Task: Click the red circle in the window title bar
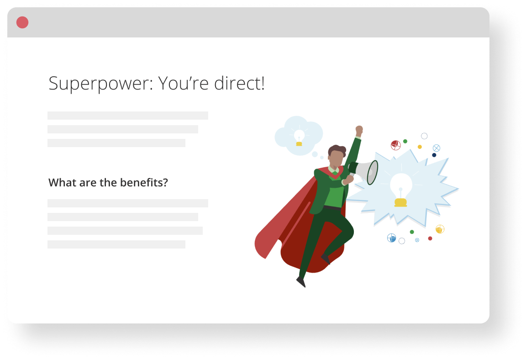click(22, 22)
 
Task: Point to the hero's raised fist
click(359, 130)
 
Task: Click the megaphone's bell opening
click(373, 172)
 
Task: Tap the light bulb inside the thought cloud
click(299, 138)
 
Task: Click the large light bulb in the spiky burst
click(401, 190)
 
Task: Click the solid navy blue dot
click(434, 155)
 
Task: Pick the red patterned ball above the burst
click(396, 145)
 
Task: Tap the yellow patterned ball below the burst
click(440, 229)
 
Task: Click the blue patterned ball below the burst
click(391, 238)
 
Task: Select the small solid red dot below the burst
click(430, 238)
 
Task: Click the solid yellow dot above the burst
click(420, 147)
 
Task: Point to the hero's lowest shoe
click(301, 282)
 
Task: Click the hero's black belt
click(332, 208)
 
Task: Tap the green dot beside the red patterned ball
click(405, 141)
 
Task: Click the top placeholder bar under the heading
click(128, 116)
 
